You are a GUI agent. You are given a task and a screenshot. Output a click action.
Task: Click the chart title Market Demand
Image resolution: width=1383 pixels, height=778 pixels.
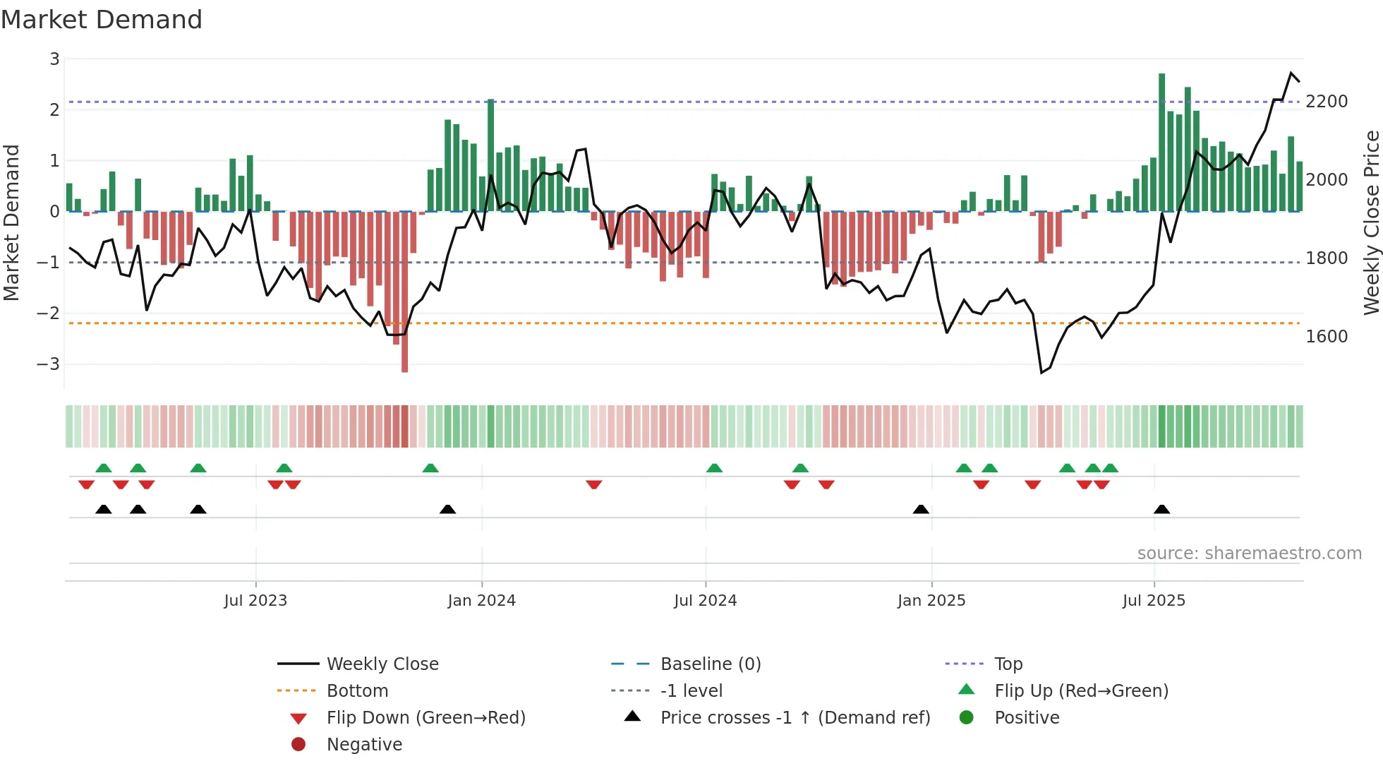[102, 20]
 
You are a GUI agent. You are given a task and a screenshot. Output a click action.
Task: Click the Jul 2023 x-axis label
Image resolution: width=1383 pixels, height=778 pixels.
[255, 601]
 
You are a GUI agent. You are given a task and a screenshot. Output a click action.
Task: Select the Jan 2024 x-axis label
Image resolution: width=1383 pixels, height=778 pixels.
[481, 601]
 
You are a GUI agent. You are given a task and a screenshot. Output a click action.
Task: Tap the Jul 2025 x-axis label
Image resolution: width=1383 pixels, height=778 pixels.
[1154, 601]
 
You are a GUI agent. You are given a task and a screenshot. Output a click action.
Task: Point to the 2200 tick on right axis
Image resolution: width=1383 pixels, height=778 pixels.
[1327, 102]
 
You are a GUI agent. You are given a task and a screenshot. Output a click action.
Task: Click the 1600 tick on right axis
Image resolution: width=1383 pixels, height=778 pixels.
[1327, 337]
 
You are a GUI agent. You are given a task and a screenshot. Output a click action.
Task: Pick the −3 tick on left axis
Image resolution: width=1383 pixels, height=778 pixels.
[49, 364]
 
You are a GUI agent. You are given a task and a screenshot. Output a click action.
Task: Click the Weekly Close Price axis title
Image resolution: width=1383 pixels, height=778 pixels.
[1371, 222]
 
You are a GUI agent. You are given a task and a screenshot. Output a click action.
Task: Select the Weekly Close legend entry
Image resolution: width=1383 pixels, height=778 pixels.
[382, 664]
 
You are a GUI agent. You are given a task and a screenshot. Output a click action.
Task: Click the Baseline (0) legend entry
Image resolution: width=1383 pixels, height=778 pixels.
[710, 664]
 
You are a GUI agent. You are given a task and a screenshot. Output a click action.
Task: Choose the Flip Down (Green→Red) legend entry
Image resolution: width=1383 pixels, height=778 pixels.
[425, 718]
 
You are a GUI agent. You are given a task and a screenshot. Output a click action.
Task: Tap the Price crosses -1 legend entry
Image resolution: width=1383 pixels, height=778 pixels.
[795, 718]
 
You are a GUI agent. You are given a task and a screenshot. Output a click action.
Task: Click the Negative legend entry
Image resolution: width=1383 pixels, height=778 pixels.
[364, 745]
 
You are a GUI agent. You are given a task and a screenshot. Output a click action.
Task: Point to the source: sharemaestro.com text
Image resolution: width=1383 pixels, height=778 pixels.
[1249, 553]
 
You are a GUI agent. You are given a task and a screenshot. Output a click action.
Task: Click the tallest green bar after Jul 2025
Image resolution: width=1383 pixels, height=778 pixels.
[1161, 141]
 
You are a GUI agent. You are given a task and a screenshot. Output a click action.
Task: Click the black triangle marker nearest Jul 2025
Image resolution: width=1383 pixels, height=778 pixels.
[1161, 510]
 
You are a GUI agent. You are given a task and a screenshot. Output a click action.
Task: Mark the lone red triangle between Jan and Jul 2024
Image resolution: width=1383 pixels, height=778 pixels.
[593, 484]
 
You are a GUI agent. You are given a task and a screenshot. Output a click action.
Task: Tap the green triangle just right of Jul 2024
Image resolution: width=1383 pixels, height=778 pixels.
[714, 468]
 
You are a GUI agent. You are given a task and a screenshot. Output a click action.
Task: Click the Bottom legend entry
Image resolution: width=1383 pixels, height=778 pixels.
[357, 691]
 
